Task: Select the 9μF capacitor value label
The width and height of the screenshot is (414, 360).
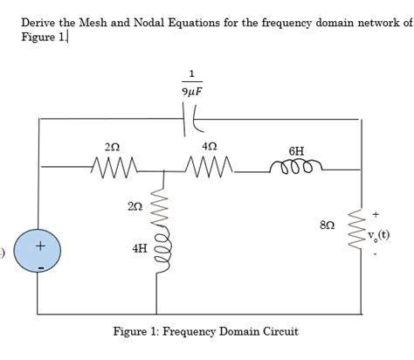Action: [192, 91]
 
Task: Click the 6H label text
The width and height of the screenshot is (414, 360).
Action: [297, 150]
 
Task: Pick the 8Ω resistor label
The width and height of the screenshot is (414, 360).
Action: [328, 225]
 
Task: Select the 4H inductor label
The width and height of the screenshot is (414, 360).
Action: [139, 249]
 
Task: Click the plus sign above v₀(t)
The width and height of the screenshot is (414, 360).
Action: [376, 212]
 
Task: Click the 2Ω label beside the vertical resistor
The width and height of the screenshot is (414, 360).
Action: [134, 205]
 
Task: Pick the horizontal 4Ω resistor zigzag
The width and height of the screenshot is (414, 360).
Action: [208, 163]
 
